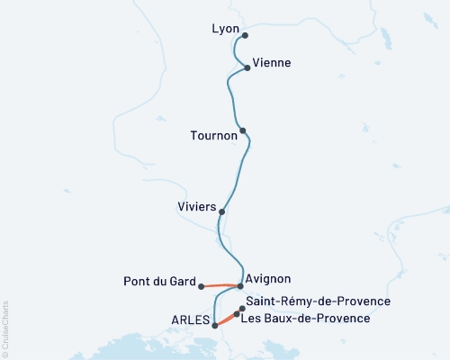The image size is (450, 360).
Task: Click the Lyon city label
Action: (225, 29)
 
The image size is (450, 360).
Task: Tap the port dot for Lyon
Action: (244, 35)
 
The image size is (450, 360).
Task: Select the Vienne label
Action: (272, 63)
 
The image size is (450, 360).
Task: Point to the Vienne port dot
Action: (247, 67)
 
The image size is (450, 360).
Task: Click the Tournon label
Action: (214, 136)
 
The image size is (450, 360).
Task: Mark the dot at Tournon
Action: (243, 130)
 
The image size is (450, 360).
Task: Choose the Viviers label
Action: (197, 207)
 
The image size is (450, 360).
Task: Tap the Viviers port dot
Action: (221, 212)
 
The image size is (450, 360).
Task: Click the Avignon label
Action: (269, 279)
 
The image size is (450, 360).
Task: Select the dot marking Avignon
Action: (240, 285)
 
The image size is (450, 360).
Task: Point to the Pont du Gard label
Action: (158, 282)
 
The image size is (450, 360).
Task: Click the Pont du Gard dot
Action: (202, 286)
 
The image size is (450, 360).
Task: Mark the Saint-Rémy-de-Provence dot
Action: (242, 309)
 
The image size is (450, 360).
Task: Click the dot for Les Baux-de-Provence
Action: (237, 315)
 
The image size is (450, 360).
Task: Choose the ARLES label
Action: (191, 320)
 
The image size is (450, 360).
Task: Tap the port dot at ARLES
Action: (214, 326)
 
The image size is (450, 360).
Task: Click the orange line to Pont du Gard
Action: (221, 285)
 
